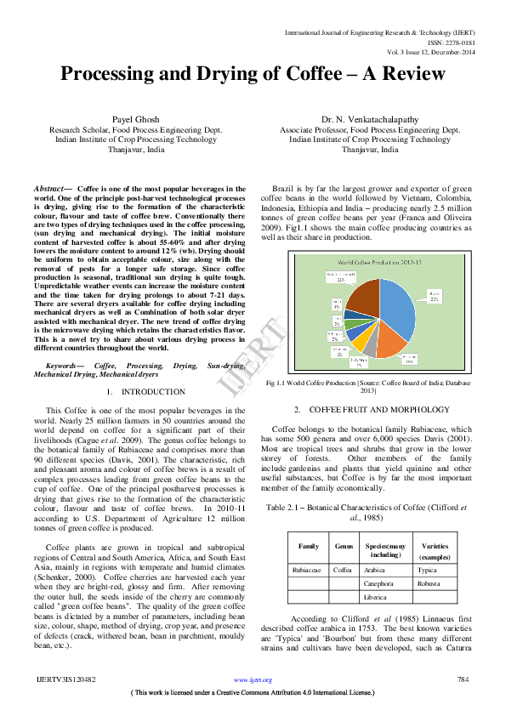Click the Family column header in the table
(x=309, y=546)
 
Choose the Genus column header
(x=344, y=546)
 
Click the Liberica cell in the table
(x=377, y=599)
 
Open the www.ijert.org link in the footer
(x=253, y=680)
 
